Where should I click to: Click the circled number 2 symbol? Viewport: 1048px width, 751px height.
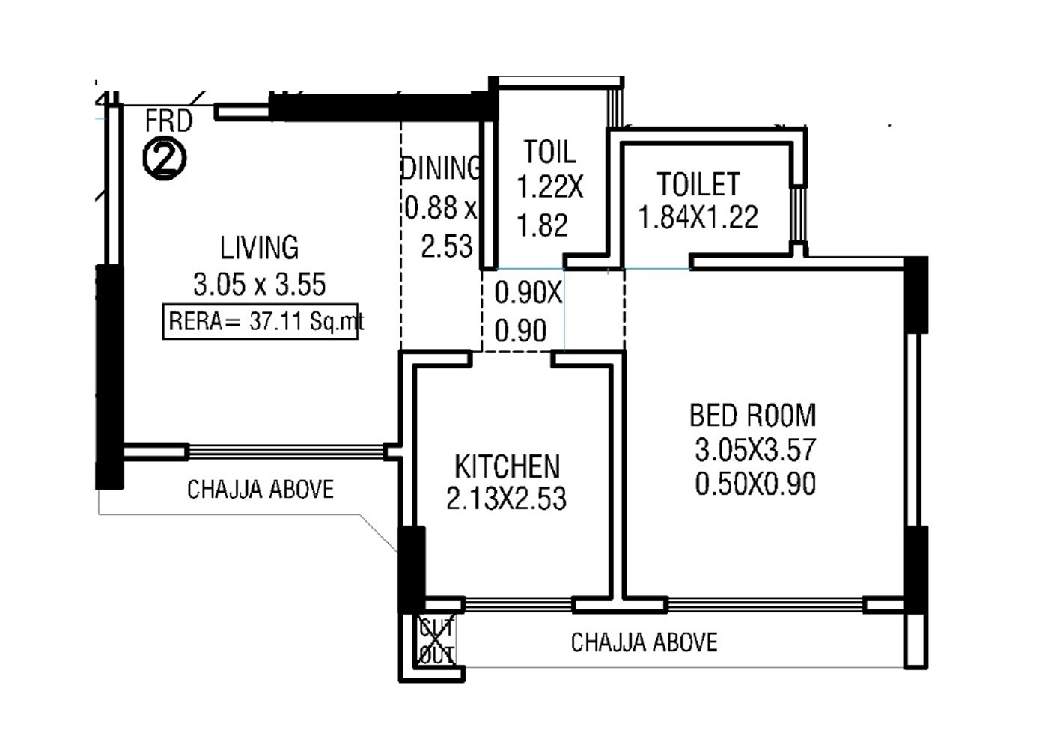(165, 159)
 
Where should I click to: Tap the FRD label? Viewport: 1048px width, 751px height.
(168, 121)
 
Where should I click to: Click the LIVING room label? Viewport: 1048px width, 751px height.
(259, 248)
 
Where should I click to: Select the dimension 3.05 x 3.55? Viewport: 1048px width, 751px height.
(259, 285)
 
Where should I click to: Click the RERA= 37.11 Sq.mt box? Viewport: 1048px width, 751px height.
(261, 322)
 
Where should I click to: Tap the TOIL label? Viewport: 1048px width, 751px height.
(549, 152)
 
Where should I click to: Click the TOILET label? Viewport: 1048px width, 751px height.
(698, 184)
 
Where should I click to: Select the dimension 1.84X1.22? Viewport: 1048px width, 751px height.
(698, 218)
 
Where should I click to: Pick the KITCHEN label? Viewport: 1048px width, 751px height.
(507, 466)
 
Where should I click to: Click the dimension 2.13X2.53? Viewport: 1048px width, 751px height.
(506, 499)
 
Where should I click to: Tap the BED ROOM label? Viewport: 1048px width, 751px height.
(752, 415)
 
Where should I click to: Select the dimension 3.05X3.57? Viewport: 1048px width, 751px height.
(755, 450)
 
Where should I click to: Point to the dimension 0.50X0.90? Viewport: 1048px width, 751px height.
(755, 484)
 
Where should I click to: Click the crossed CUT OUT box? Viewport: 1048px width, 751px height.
(436, 641)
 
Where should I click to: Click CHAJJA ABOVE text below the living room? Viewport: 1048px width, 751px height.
(260, 490)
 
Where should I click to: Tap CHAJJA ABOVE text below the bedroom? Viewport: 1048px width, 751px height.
(644, 642)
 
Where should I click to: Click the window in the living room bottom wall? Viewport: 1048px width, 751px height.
(285, 451)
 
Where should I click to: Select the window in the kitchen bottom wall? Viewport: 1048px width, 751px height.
(518, 604)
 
